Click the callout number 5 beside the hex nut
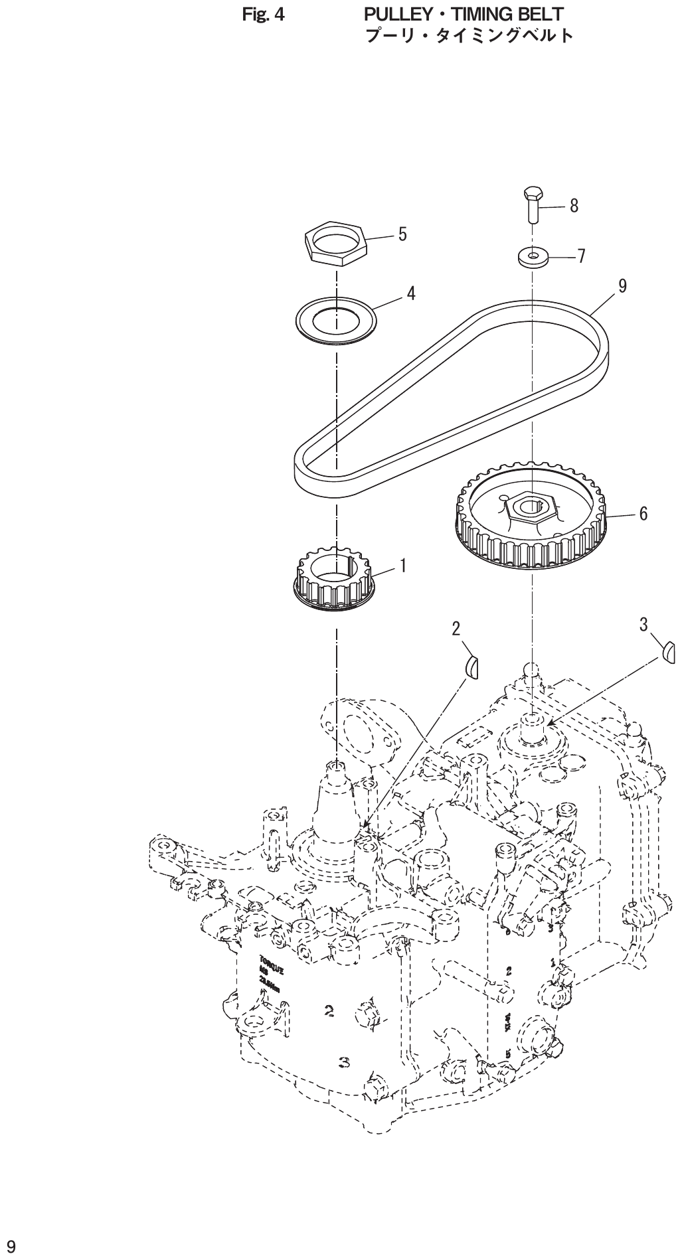click(402, 235)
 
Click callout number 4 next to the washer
click(411, 293)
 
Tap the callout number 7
click(581, 256)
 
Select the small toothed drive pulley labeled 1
click(335, 576)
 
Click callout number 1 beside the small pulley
click(403, 566)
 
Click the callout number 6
click(643, 513)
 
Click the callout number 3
click(644, 624)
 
